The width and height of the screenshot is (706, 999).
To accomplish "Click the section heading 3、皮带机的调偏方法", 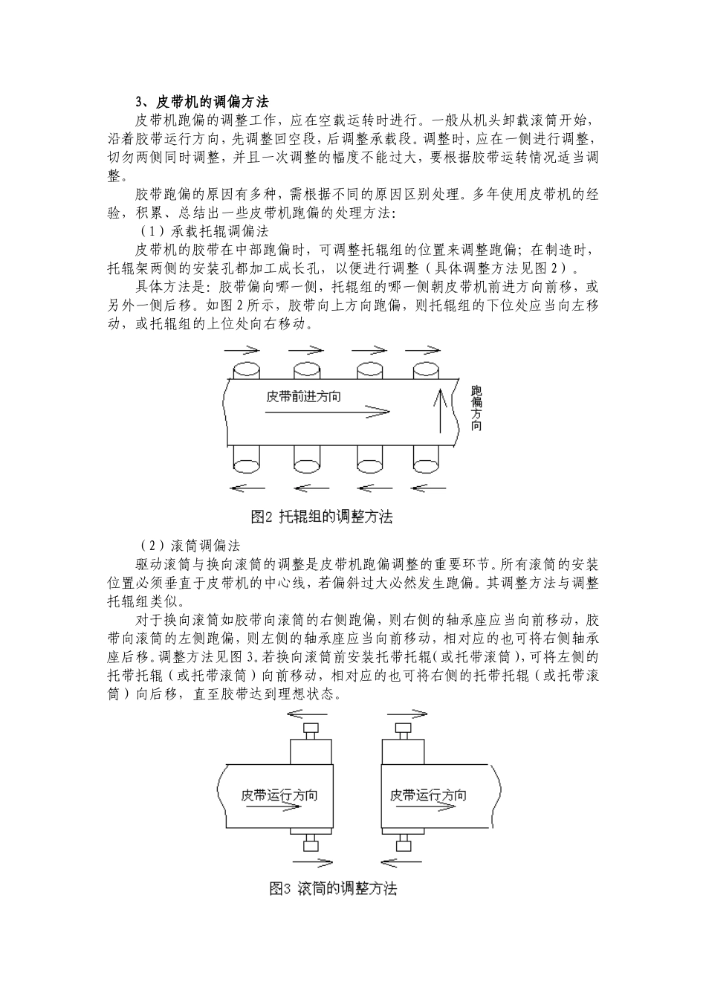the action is [x=201, y=101].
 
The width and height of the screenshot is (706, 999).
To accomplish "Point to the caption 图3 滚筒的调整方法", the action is [x=332, y=888].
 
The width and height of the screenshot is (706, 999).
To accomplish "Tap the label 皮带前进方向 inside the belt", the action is [x=304, y=396].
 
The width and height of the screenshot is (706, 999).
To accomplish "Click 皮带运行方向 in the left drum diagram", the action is [x=279, y=795].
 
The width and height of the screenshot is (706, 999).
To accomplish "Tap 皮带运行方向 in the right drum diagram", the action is [x=428, y=795].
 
